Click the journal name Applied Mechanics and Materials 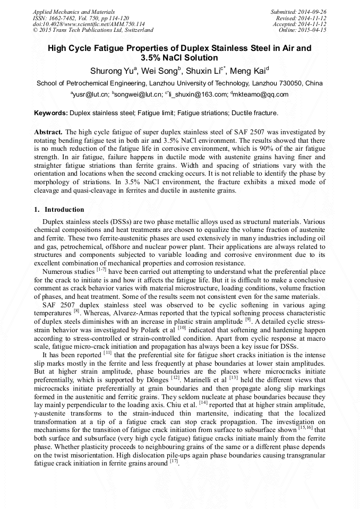67,11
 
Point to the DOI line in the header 74,24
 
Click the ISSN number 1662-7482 64,18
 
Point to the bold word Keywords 51,113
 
